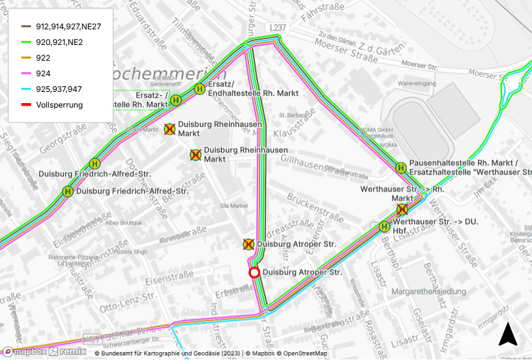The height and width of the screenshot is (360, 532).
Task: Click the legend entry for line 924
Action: tap(52, 74)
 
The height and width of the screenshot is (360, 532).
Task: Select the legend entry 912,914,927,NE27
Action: tap(68, 27)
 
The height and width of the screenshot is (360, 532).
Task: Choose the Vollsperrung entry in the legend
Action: tap(59, 105)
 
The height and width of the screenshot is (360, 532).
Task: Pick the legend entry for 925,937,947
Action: tap(59, 89)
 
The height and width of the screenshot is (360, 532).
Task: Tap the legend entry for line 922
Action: tap(52, 58)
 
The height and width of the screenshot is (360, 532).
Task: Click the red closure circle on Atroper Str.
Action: tap(254, 273)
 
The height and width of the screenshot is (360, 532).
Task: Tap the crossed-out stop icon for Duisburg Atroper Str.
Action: tap(248, 245)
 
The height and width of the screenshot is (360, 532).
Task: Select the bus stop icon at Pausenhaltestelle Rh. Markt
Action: tap(401, 168)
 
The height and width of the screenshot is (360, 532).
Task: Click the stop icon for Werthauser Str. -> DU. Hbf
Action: tap(384, 226)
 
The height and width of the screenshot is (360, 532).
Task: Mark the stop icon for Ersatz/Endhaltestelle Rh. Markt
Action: tap(199, 89)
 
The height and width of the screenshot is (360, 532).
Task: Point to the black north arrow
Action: tap(508, 335)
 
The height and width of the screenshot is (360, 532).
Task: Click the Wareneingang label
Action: tap(417, 84)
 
